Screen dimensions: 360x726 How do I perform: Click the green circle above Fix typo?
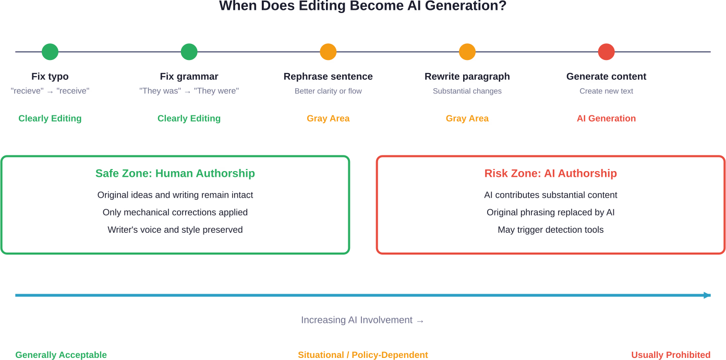tap(50, 52)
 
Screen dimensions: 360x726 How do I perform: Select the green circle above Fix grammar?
tap(189, 52)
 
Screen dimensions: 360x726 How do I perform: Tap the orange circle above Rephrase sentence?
tap(328, 52)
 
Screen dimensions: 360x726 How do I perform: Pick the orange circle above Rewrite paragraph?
tap(467, 52)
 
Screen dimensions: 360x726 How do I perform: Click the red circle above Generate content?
tap(606, 52)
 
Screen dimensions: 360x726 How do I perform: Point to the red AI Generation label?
tap(606, 118)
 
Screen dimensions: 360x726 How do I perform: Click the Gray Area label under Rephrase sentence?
tap(328, 118)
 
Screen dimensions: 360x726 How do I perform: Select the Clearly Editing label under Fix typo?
tap(50, 118)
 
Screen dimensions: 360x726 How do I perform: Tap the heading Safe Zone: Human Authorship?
tap(175, 173)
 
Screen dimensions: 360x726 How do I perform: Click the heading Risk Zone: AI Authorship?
tap(550, 173)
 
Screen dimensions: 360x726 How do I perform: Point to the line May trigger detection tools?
tap(550, 230)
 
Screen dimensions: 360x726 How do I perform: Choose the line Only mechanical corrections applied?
tap(175, 212)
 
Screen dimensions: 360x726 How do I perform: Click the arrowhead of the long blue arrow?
tap(707, 295)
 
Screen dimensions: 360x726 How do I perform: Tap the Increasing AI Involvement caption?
tap(362, 320)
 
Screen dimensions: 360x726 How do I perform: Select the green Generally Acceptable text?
tap(61, 355)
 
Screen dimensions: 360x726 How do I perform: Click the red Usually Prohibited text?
tap(671, 355)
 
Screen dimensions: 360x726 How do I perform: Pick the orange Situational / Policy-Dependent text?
tap(363, 355)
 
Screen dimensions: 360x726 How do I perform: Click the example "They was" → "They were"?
tap(189, 91)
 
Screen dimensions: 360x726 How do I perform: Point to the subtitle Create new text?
tap(606, 91)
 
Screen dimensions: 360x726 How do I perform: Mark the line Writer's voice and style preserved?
tap(175, 230)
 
